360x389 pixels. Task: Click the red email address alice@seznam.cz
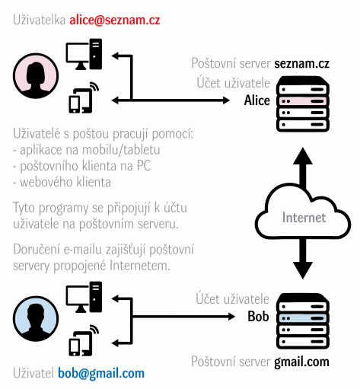tap(115, 20)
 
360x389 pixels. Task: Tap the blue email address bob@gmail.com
tap(101, 374)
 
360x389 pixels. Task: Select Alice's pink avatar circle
tap(36, 75)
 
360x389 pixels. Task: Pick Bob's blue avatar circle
tap(36, 318)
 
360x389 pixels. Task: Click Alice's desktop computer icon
tap(84, 54)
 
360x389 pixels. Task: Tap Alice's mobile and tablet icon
tap(84, 97)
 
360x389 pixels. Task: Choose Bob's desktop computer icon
tap(84, 297)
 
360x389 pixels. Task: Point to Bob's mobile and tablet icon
tap(84, 340)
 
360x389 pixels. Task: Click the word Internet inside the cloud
tap(304, 218)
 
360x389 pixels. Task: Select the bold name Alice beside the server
tap(257, 100)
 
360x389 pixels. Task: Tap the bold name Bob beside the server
tap(258, 317)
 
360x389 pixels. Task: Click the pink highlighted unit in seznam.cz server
tap(303, 101)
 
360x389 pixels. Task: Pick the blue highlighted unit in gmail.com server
tap(303, 318)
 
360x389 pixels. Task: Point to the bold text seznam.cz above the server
tap(302, 63)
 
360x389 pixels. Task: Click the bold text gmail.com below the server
tap(301, 362)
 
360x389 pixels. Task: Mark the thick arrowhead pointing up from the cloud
tap(303, 156)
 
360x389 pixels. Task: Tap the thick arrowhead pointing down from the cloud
tap(303, 270)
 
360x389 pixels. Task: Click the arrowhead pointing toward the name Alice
tap(226, 100)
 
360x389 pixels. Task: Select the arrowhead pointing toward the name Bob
tap(231, 317)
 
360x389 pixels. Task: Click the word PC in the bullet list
tap(144, 165)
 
